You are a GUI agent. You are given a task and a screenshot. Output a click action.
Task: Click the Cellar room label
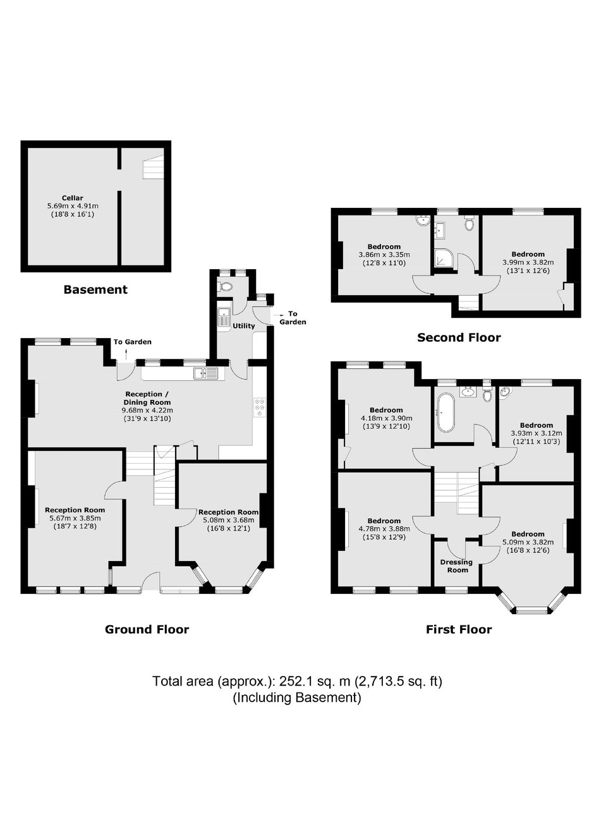72,198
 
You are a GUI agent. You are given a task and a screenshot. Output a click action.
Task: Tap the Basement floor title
95,289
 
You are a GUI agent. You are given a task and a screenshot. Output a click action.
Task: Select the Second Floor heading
459,337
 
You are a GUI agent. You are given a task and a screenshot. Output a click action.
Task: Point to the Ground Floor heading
147,629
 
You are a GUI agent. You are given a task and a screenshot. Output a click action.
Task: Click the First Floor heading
459,629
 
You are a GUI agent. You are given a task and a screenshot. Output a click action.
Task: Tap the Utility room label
244,326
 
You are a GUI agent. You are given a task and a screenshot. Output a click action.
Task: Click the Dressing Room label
457,566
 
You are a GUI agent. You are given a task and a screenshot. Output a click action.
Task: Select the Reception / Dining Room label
147,398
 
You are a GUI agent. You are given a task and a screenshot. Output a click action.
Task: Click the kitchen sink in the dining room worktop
205,373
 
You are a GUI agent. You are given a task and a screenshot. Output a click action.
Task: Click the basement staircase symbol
153,167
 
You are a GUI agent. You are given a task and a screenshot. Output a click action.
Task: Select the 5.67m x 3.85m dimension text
75,518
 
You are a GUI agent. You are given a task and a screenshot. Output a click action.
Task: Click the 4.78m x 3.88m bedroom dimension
384,529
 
